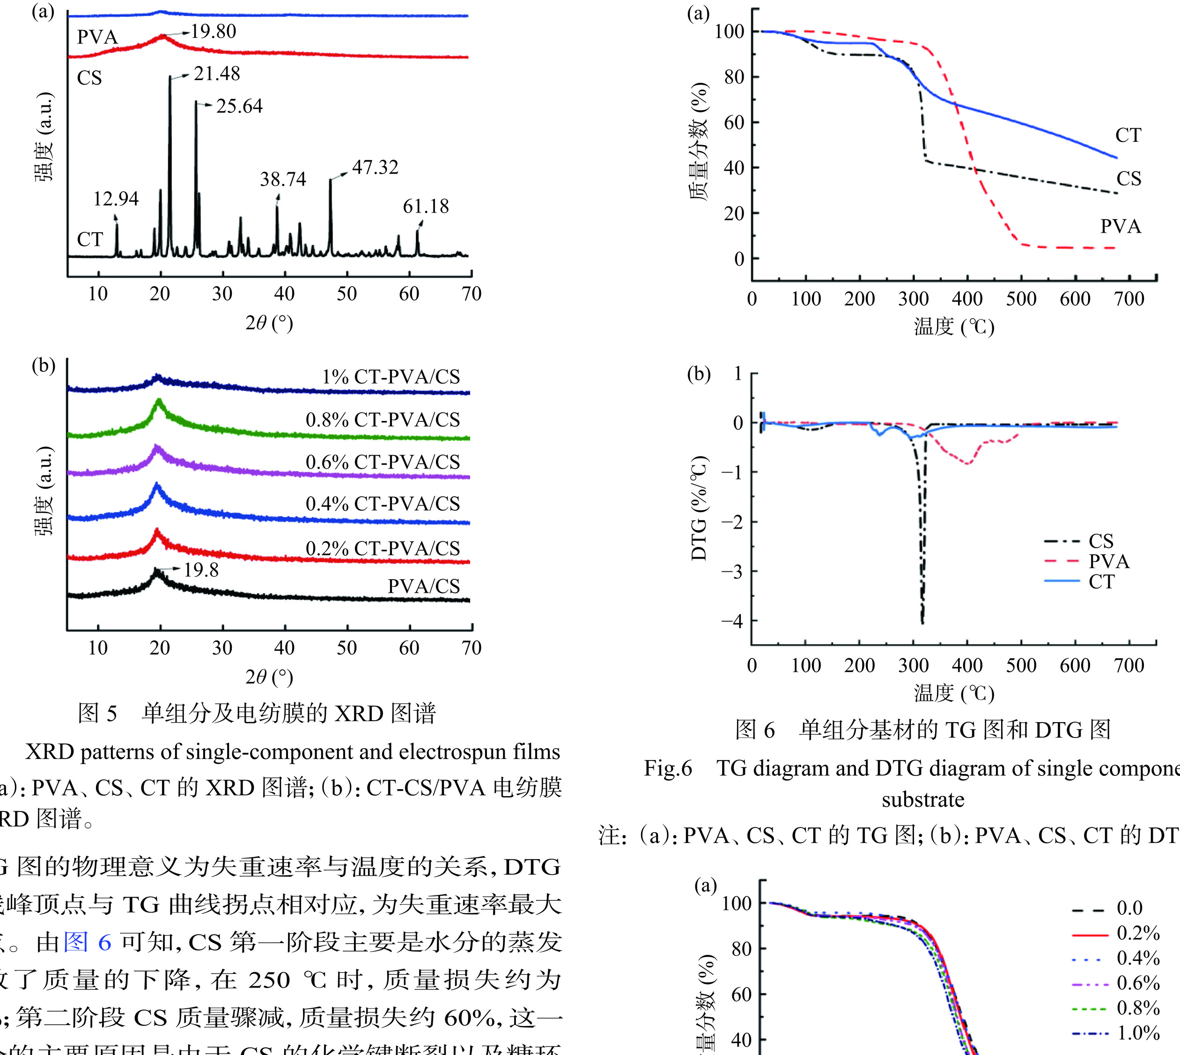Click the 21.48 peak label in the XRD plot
tap(217, 74)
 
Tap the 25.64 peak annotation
tap(239, 106)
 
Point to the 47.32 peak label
tap(376, 168)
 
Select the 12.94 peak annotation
tap(116, 199)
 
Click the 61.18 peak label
tap(426, 207)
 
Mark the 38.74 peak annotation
tap(283, 179)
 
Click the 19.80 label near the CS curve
tap(213, 31)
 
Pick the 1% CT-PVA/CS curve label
tap(391, 377)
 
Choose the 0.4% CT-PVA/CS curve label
tap(383, 504)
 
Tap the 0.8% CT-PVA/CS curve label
tap(383, 420)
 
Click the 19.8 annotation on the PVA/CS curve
tap(201, 570)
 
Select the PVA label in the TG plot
tap(1121, 226)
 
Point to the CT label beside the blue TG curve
tap(1128, 135)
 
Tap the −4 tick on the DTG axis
tap(731, 621)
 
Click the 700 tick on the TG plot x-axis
tap(1129, 299)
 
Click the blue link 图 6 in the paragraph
tap(87, 943)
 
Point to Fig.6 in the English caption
tap(668, 768)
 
